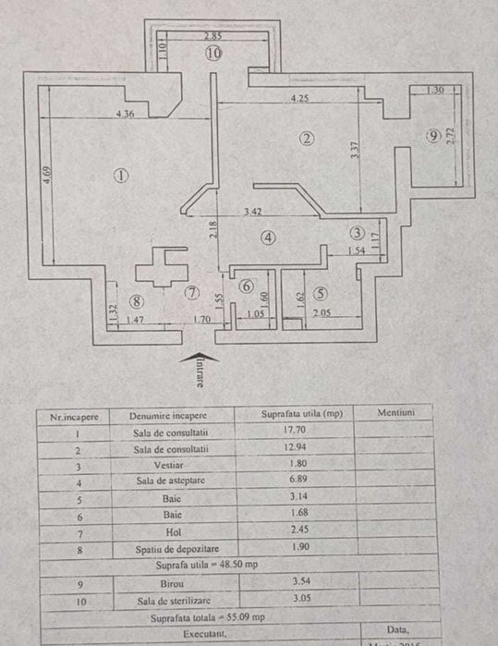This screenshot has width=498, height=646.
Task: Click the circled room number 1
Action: [120, 174]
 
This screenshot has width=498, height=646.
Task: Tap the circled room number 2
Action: [307, 139]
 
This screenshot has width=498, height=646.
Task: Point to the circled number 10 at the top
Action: [213, 54]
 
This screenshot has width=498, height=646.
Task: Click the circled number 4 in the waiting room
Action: [268, 238]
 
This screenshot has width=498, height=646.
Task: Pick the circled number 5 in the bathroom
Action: [320, 293]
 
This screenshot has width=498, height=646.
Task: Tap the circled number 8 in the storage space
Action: [137, 300]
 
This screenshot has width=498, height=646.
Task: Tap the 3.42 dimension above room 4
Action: [252, 212]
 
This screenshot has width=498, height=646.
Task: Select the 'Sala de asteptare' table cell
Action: [171, 481]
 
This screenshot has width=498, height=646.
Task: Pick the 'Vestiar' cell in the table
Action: [171, 465]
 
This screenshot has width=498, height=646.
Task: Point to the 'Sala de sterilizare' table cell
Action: [171, 599]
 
